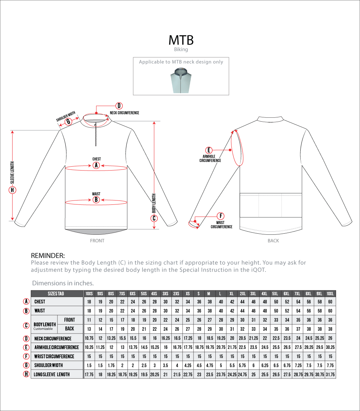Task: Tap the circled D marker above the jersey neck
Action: coord(119,106)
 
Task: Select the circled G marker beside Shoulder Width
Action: coord(67,121)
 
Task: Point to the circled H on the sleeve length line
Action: coord(12,190)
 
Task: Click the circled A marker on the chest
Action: coord(96,165)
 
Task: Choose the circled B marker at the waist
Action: coord(96,200)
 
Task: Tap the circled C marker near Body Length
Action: coord(154,218)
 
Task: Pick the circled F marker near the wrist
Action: coord(221,216)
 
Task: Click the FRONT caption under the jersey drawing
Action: coord(97,241)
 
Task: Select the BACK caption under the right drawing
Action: coord(273,241)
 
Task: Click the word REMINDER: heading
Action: coord(48,255)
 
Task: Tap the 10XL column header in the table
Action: coord(330,294)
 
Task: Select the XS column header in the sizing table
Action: coord(188,294)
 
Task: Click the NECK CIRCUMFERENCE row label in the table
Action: coord(53,339)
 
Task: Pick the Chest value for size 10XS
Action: coord(89,302)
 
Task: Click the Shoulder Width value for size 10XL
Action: coord(330,365)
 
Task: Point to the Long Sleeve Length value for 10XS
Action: coord(89,374)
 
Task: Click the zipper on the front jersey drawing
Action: coord(96,134)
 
